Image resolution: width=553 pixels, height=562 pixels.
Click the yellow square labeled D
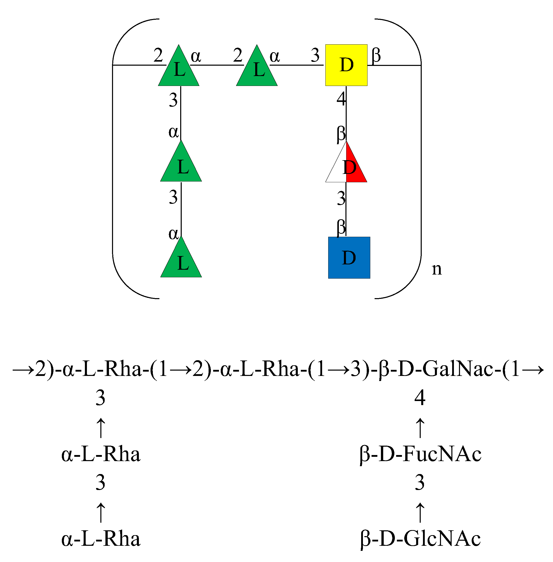346,65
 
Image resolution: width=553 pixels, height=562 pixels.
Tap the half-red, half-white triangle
346,166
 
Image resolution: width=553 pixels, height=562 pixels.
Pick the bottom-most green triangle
181,260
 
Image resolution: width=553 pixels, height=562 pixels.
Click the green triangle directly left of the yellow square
257,68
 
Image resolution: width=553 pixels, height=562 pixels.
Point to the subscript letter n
436,269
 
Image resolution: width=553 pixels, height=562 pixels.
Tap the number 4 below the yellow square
341,99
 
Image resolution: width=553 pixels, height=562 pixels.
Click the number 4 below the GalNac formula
420,398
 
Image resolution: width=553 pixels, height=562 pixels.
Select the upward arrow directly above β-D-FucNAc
420,428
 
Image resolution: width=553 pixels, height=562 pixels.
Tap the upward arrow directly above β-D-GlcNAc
420,512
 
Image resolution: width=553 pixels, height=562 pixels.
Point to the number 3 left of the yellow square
315,55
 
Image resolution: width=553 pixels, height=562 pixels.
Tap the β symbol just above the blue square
341,227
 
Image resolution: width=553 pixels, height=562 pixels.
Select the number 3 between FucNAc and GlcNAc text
420,482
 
